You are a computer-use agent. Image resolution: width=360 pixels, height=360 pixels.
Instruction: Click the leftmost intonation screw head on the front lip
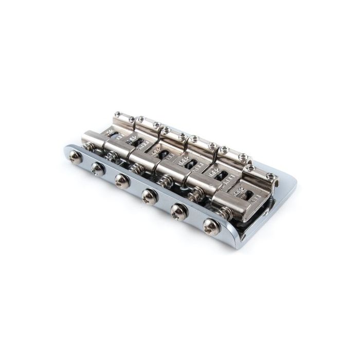tap(76, 157)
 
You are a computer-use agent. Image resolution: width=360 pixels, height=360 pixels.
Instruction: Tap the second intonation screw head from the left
tap(97, 168)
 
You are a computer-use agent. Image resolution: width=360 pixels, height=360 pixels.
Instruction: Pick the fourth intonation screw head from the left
tap(149, 194)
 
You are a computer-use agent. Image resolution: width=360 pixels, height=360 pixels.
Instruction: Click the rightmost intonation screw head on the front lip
tap(211, 227)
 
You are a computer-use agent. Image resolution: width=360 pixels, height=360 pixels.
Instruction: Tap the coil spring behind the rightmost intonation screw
tap(223, 211)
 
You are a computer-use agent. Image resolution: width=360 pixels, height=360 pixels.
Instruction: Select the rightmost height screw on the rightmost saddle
tap(271, 176)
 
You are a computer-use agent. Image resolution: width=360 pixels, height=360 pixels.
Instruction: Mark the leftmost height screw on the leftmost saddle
tap(118, 114)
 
